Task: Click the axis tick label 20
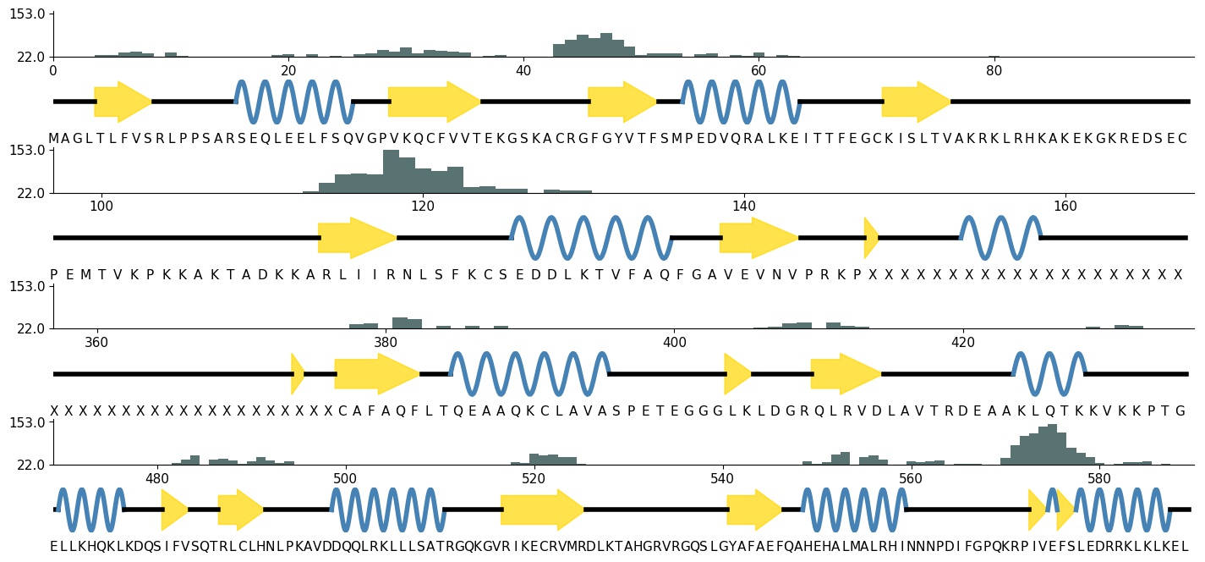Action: point(288,70)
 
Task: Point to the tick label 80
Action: point(994,70)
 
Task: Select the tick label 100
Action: point(101,206)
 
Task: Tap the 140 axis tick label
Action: point(743,206)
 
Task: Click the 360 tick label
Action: point(97,342)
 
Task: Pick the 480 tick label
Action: point(157,478)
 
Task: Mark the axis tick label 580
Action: point(1098,478)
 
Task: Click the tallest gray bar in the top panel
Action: point(606,45)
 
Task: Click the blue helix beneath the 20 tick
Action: point(293,102)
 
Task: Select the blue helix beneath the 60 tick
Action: point(740,102)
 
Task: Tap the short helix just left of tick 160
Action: point(1000,238)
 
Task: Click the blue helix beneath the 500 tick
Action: point(387,510)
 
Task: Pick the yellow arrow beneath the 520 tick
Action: point(542,510)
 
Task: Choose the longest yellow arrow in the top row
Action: point(434,102)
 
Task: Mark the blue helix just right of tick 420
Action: point(1049,373)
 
